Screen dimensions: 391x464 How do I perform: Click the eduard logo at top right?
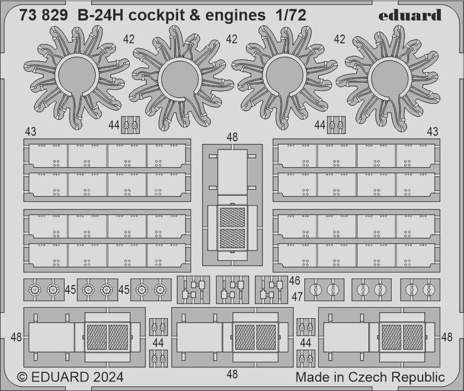(x=409, y=15)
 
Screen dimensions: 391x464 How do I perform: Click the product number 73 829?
(x=45, y=15)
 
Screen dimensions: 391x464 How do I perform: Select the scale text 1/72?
(x=289, y=15)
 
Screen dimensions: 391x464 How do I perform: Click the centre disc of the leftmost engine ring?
(x=79, y=79)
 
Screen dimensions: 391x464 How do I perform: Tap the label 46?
(x=294, y=281)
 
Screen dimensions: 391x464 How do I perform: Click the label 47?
(x=297, y=296)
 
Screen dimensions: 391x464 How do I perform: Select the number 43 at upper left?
(x=30, y=132)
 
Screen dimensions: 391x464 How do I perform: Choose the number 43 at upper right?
(x=433, y=132)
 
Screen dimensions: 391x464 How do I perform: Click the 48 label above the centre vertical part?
(x=232, y=137)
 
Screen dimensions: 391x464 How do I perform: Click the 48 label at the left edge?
(x=16, y=336)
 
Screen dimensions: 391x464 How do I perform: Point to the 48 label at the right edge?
(x=448, y=336)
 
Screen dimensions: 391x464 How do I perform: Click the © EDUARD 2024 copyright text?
(x=70, y=378)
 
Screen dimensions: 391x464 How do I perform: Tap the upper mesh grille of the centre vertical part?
(x=231, y=216)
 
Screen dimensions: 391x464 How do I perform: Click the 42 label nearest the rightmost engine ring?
(x=339, y=39)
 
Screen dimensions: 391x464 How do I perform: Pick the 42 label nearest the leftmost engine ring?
(x=129, y=39)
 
